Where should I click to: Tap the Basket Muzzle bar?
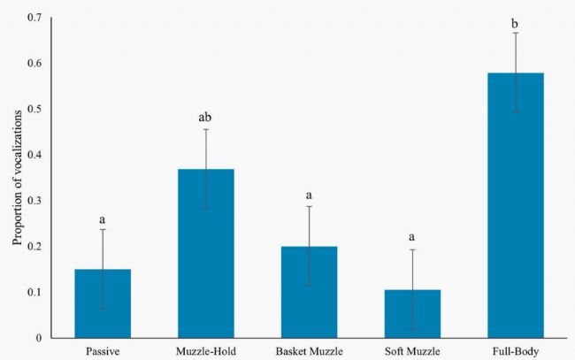[309, 292]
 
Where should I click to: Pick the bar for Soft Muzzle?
[411, 314]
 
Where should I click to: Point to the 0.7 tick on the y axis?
[34, 18]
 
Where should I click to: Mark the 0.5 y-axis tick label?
[34, 109]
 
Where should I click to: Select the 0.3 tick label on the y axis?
[34, 201]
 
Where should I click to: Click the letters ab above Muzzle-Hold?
[205, 117]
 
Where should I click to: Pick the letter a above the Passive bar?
[103, 217]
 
